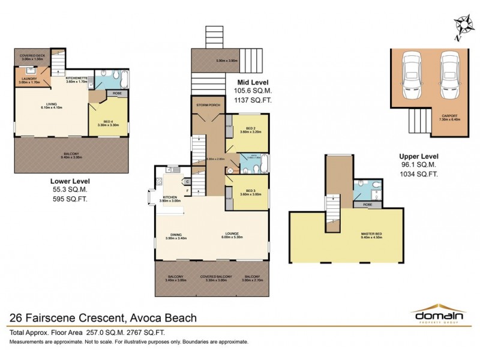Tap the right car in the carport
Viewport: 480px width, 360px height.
click(x=449, y=71)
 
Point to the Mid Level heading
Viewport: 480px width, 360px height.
click(x=252, y=83)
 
